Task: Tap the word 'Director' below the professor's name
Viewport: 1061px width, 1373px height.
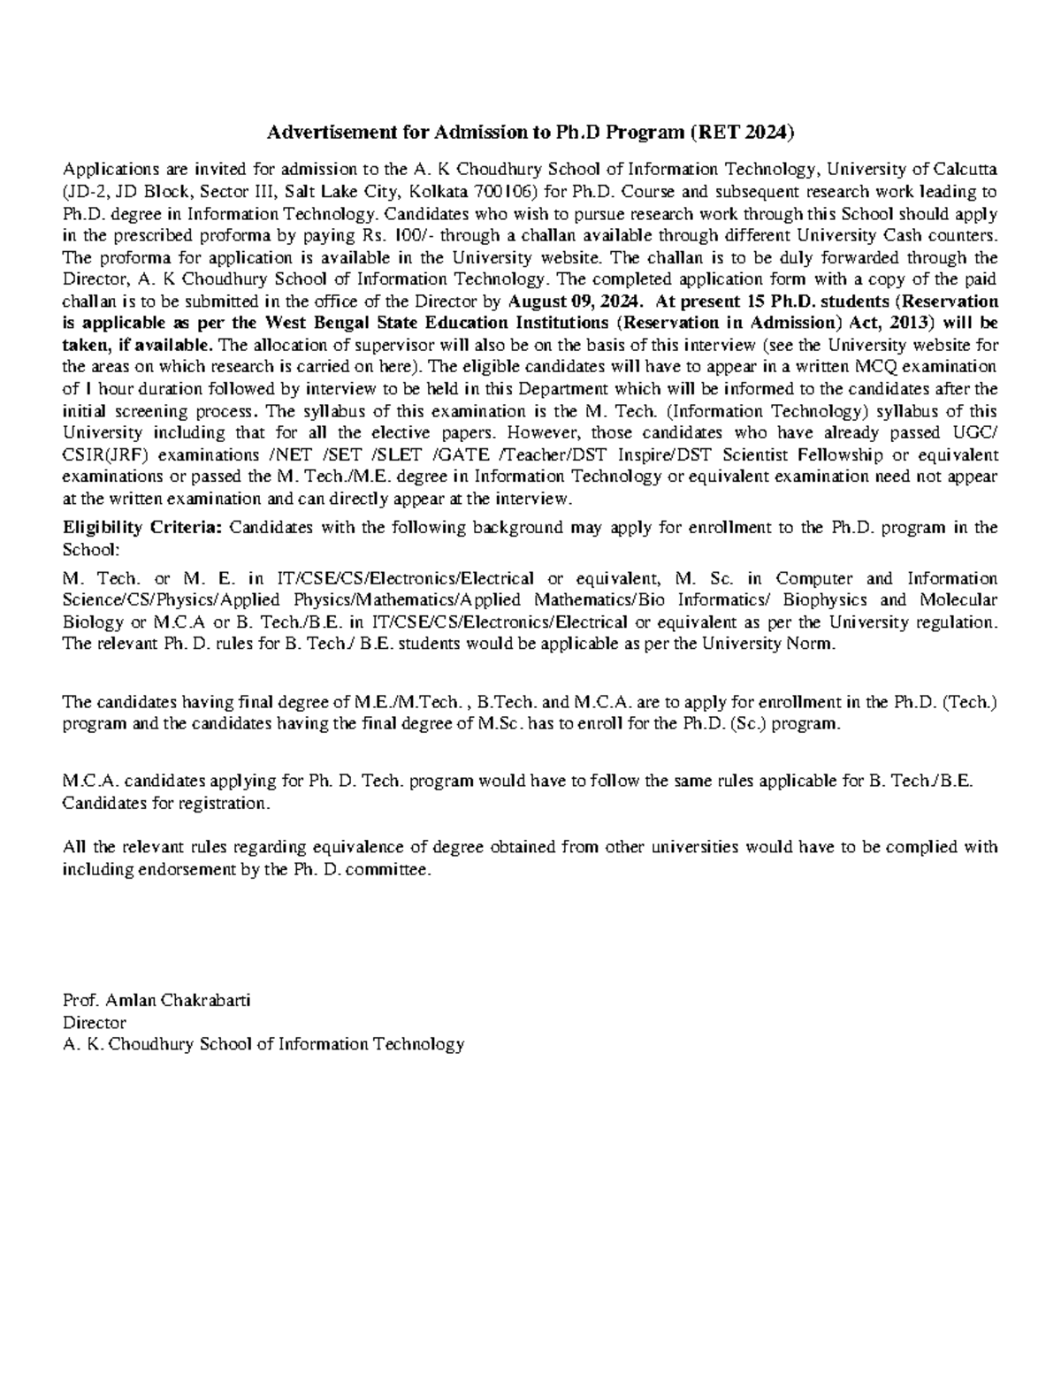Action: point(94,1022)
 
